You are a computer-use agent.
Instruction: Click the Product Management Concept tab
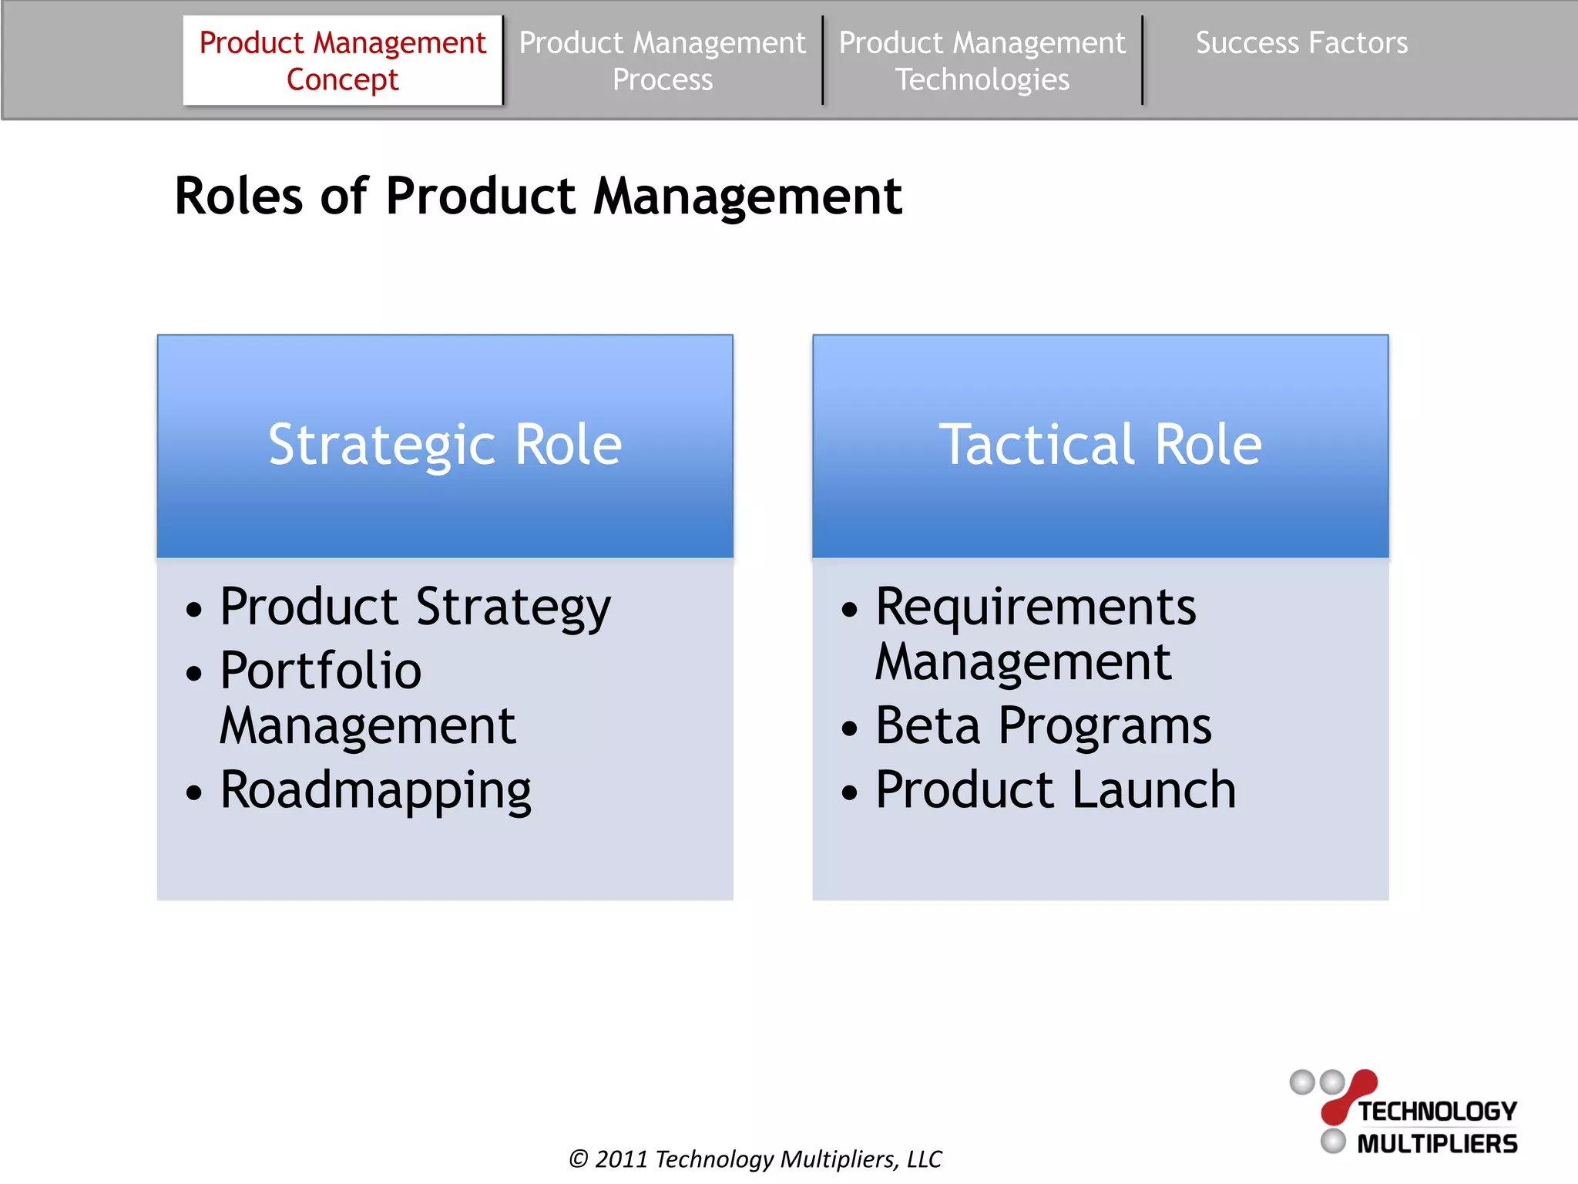point(342,60)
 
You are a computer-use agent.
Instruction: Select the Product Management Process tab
point(662,60)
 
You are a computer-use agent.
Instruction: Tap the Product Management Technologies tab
point(982,60)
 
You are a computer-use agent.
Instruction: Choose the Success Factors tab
point(1301,43)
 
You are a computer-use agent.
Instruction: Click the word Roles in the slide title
point(239,196)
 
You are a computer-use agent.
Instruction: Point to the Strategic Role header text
point(445,445)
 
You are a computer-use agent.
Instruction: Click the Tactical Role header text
point(1100,445)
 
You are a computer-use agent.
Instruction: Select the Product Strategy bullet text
point(415,607)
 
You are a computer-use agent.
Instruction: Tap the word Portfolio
point(321,670)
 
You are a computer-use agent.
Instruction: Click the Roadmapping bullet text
point(375,790)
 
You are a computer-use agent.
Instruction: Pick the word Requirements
point(1036,607)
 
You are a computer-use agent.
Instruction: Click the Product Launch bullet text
point(1056,790)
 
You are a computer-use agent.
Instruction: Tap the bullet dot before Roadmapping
point(194,792)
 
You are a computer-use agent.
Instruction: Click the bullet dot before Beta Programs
point(849,728)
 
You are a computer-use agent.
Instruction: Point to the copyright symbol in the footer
point(578,1159)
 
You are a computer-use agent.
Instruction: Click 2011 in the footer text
point(621,1159)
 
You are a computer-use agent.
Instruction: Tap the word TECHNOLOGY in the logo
point(1437,1112)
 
